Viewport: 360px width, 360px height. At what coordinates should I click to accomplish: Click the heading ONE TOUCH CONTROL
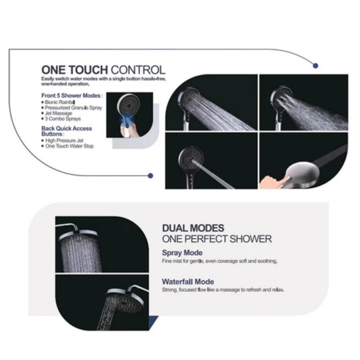103,70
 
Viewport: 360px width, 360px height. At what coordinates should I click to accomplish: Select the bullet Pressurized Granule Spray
73,107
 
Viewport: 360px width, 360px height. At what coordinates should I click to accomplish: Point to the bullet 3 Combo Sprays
61,118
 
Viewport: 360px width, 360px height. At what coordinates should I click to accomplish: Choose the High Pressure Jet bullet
64,141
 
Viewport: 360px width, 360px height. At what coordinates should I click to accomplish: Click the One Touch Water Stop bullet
68,147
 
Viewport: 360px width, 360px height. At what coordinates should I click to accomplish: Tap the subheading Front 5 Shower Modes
71,96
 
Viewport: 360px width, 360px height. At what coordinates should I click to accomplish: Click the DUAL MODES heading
193,228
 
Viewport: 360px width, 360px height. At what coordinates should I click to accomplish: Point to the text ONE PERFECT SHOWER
217,239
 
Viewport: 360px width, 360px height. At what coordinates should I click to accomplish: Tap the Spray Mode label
182,253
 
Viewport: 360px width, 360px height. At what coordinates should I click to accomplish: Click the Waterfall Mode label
188,282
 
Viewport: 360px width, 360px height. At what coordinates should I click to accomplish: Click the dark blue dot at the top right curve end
315,65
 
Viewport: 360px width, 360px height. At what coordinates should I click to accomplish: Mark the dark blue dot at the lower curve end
150,175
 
